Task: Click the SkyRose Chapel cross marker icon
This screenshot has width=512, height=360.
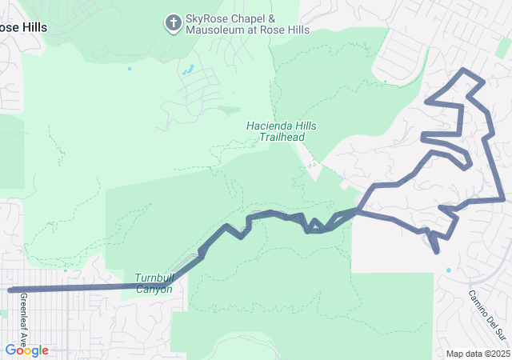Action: coord(173,24)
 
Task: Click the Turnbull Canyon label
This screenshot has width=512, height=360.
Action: coord(154,283)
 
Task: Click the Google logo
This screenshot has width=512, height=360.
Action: coord(26,350)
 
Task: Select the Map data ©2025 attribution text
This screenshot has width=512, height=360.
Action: coord(478,354)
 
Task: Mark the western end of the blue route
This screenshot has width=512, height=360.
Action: coord(10,290)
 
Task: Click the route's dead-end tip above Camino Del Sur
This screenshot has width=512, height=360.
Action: coord(438,252)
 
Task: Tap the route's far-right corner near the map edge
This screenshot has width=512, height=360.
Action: coord(503,199)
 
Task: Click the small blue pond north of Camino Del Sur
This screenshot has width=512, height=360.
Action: coord(448,270)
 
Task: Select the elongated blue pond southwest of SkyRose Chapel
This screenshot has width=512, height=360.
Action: coord(188,70)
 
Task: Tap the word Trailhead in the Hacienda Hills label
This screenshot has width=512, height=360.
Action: coord(282,138)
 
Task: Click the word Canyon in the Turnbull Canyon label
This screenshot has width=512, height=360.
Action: coord(154,289)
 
